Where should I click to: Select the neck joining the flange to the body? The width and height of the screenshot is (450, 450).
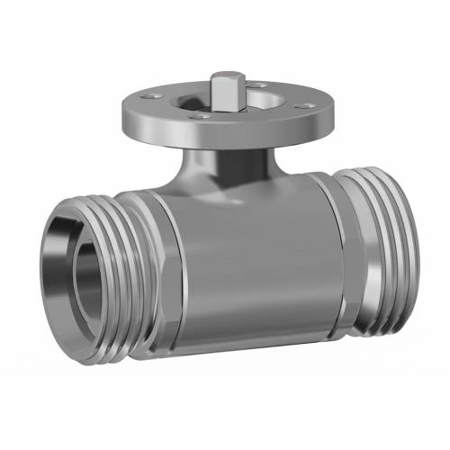pyautogui.click(x=225, y=166)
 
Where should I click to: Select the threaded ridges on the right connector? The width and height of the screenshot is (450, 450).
pyautogui.click(x=378, y=247)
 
